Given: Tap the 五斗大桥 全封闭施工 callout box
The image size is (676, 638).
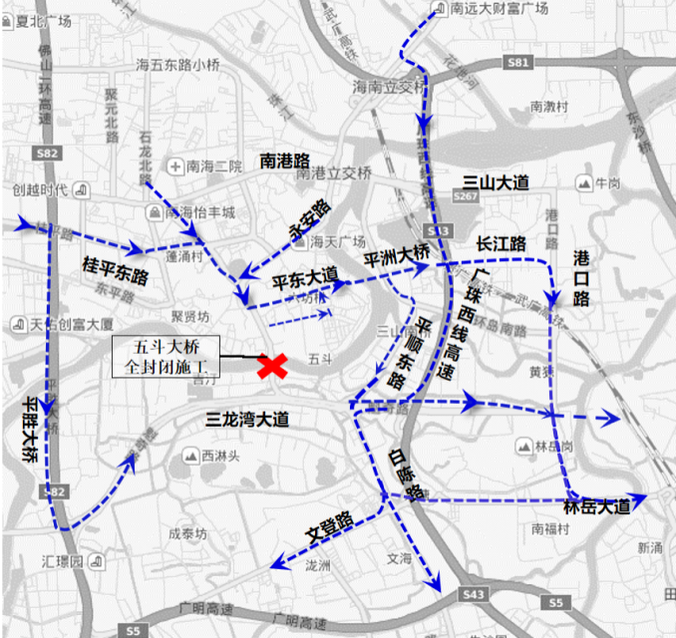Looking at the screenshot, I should coord(172,355).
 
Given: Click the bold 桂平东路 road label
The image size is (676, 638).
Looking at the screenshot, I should coord(115,270).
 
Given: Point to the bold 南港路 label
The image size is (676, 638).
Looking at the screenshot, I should coord(285,160).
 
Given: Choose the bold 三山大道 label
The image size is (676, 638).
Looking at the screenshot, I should coord(496,182).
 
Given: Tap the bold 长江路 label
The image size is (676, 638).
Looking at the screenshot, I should coord(501,242).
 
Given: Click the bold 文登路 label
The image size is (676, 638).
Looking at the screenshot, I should coord(330,533).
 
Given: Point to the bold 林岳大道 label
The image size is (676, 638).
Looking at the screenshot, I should coord(597,506).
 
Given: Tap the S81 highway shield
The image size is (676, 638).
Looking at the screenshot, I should coord(516,62).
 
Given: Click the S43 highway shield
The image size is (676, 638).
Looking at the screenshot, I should coord(475,595).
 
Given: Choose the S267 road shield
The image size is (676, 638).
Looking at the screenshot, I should coord(465,197).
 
